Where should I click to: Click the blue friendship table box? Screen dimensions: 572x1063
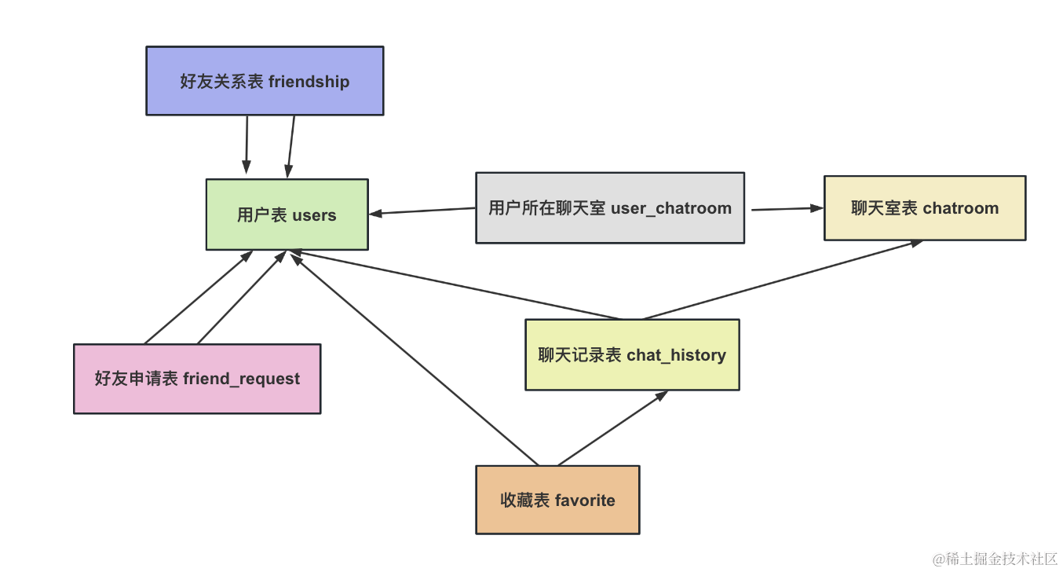pyautogui.click(x=265, y=80)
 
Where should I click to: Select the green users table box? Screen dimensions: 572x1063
pyautogui.click(x=287, y=214)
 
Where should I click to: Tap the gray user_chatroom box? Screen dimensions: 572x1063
pyautogui.click(x=610, y=208)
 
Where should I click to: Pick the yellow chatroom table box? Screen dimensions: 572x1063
pyautogui.click(x=924, y=208)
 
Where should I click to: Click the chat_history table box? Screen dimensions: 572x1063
pyautogui.click(x=632, y=354)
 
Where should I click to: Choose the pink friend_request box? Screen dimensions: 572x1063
pyautogui.click(x=197, y=379)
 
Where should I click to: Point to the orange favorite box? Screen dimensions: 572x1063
pyautogui.click(x=557, y=500)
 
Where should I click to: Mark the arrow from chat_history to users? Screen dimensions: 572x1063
pyautogui.click(x=455, y=285)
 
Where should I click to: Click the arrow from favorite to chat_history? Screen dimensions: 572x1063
pyautogui.click(x=612, y=428)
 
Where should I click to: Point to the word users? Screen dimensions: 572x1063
pyautogui.click(x=314, y=215)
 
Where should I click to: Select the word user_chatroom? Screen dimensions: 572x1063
pyautogui.click(x=670, y=208)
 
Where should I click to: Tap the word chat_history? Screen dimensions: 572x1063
pyautogui.click(x=676, y=355)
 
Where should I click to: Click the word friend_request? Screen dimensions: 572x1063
pyautogui.click(x=241, y=379)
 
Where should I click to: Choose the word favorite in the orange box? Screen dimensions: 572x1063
pyautogui.click(x=585, y=500)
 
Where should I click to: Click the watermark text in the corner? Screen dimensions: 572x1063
pyautogui.click(x=995, y=559)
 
